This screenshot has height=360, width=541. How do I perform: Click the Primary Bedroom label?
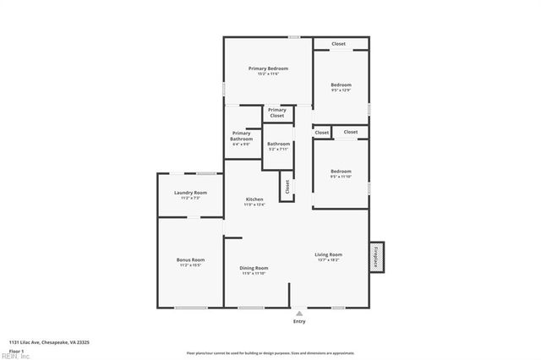[x=268, y=68]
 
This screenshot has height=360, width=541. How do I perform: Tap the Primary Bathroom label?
[x=242, y=135]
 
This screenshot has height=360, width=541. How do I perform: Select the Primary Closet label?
[x=277, y=112]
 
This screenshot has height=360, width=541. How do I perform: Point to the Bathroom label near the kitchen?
[x=279, y=144]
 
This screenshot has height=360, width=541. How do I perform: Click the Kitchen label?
[x=254, y=199]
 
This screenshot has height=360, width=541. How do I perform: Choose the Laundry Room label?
[x=189, y=193]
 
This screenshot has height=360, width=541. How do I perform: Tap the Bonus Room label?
[x=190, y=259]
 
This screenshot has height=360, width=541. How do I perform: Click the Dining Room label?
[x=254, y=268]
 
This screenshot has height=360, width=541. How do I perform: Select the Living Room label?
[x=328, y=254]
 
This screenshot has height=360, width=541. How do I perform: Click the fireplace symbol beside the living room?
[x=377, y=258]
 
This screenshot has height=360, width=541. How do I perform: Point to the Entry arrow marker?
[x=299, y=313]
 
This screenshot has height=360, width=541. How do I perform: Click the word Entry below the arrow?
[x=299, y=321]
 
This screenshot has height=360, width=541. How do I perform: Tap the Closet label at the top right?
[x=338, y=44]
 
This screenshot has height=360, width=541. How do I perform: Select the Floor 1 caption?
[x=15, y=350]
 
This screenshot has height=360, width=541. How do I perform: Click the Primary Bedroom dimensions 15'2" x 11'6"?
[x=268, y=74]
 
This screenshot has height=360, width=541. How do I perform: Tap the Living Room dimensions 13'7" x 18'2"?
[x=328, y=260]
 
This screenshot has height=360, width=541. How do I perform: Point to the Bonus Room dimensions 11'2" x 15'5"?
[x=190, y=265]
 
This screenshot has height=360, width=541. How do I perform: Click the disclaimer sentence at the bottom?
[x=270, y=352]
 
